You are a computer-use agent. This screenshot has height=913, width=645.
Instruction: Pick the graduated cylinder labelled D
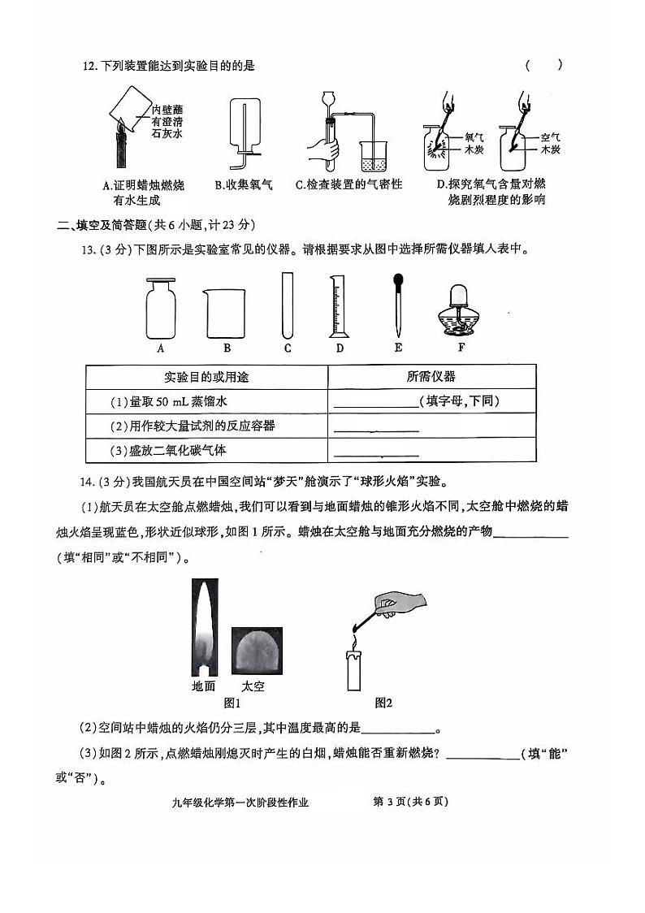[339, 306]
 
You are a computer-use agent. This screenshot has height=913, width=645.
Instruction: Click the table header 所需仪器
[431, 376]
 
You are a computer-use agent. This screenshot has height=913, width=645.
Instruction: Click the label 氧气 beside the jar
[474, 138]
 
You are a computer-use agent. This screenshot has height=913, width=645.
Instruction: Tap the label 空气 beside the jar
[551, 137]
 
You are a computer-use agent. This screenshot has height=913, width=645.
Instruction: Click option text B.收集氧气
[243, 185]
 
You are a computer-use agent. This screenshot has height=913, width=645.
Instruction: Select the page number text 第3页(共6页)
[410, 802]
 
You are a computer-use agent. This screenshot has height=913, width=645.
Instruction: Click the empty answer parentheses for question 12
[543, 66]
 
